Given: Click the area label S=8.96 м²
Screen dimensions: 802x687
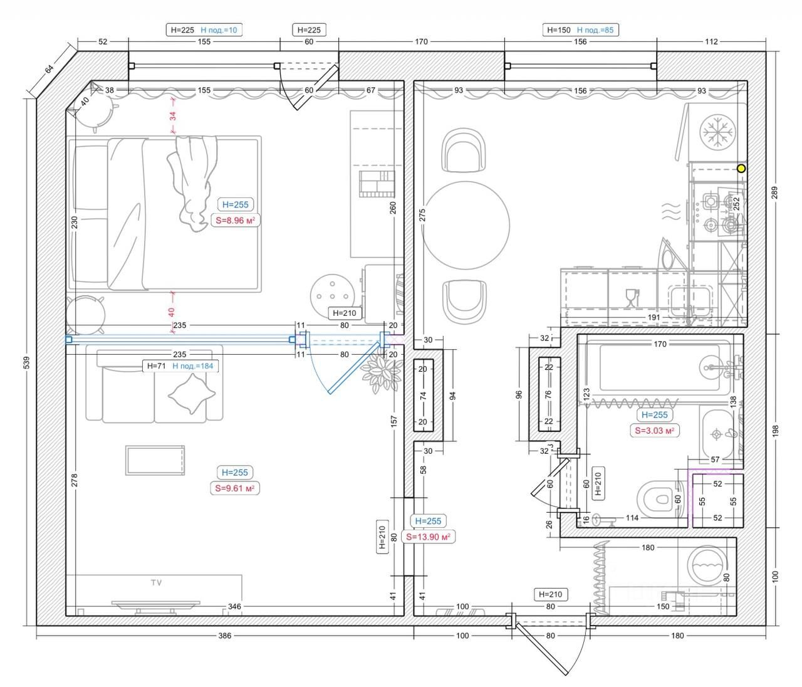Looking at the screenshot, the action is (x=235, y=221).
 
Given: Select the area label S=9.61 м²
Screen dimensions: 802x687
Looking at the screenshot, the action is (x=235, y=488).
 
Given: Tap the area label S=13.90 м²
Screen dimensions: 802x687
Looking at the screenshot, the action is (x=429, y=537).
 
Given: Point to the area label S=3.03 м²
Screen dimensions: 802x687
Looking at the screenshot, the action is (x=655, y=431).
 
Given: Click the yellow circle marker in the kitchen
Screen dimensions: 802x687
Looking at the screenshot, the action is (x=741, y=169).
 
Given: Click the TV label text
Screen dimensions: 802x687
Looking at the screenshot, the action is (x=157, y=582).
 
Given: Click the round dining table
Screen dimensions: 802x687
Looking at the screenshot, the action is (x=466, y=226).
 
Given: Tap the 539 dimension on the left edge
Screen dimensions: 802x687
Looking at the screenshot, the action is (x=27, y=362).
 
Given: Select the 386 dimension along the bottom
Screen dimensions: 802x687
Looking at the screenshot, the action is (x=225, y=636).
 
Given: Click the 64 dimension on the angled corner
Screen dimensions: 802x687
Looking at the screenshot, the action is (x=49, y=70).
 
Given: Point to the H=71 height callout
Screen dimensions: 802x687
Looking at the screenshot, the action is (x=156, y=365).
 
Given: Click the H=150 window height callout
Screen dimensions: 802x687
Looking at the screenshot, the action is (x=559, y=30).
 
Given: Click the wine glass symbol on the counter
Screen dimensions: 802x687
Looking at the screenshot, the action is (x=632, y=298).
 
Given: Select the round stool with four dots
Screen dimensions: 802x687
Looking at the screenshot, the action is (x=333, y=296).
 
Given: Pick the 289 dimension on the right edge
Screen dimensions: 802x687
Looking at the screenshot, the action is (x=774, y=193).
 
